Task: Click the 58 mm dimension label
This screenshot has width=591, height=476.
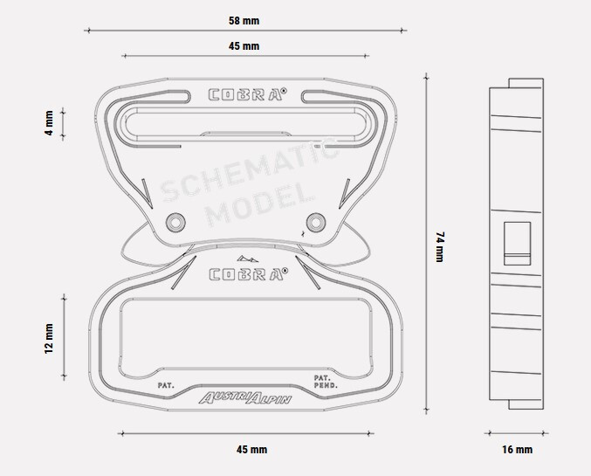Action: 244,21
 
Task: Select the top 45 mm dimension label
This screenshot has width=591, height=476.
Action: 244,46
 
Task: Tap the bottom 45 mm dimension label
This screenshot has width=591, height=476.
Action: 251,450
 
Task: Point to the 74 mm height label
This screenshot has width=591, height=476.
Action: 440,246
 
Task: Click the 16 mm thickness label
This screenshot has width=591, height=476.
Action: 517,450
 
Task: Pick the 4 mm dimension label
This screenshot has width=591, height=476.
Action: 49,123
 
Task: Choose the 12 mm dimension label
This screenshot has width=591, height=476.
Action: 49,338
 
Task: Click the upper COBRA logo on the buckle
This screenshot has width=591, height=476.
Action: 248,94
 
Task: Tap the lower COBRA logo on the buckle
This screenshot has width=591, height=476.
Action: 248,274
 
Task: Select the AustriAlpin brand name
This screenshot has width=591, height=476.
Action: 245,398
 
